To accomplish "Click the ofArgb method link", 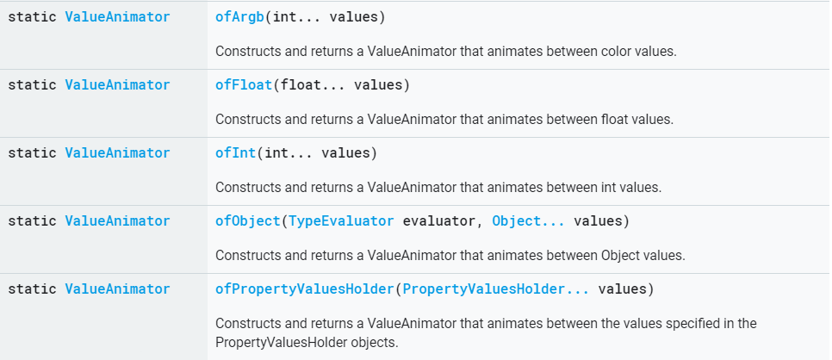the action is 239,17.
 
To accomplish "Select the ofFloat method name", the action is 244,85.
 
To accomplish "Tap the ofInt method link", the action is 236,153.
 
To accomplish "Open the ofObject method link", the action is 248,221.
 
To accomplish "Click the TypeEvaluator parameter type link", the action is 340,221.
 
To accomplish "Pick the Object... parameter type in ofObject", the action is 529,221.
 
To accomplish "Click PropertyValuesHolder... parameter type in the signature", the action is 496,289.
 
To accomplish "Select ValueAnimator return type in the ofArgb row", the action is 117,17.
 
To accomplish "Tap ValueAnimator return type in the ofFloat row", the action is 117,85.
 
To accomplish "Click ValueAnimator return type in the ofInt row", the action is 117,153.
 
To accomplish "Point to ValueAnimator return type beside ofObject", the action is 117,221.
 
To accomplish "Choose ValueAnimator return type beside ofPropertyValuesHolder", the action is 117,289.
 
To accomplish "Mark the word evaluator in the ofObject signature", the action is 438,221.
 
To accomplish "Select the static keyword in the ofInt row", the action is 32,153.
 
